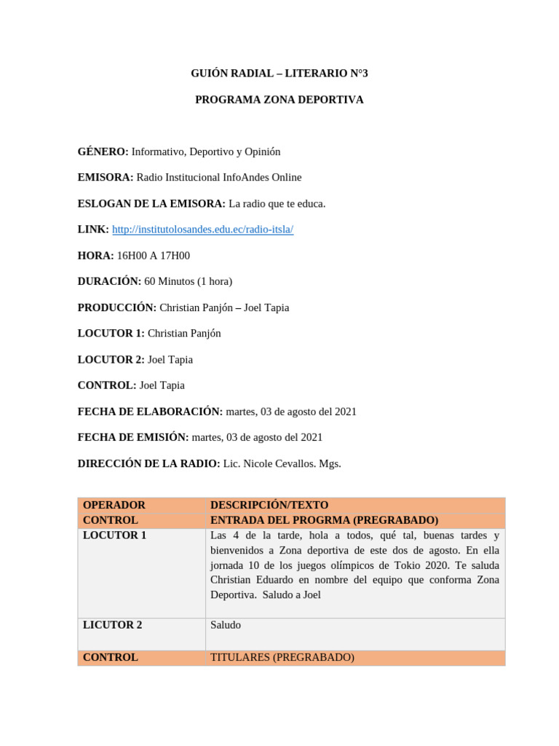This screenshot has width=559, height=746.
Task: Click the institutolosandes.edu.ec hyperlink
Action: pyautogui.click(x=202, y=229)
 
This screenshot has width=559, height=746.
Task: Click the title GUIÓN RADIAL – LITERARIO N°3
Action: pyautogui.click(x=279, y=74)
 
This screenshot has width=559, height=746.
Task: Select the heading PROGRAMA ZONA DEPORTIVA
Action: pyautogui.click(x=279, y=100)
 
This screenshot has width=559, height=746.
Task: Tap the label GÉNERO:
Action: pyautogui.click(x=103, y=152)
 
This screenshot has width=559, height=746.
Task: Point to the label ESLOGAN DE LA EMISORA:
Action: pyautogui.click(x=151, y=203)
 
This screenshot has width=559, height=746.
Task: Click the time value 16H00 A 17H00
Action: pyautogui.click(x=154, y=256)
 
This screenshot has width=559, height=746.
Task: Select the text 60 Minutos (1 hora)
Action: pyautogui.click(x=188, y=281)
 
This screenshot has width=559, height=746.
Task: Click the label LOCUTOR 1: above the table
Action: pyautogui.click(x=111, y=333)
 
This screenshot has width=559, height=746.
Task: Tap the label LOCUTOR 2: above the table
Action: pyautogui.click(x=111, y=359)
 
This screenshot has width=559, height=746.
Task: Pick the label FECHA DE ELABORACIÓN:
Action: pyautogui.click(x=150, y=412)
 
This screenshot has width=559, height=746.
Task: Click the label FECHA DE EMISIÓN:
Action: pyautogui.click(x=133, y=437)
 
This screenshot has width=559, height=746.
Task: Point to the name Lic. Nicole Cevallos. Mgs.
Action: pyautogui.click(x=282, y=463)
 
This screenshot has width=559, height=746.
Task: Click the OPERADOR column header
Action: pyautogui.click(x=114, y=505)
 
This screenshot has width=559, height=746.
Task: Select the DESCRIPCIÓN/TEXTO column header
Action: pyautogui.click(x=269, y=505)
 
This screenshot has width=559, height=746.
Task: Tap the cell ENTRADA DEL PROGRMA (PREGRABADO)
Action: pyautogui.click(x=324, y=520)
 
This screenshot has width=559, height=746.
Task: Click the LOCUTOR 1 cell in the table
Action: pyautogui.click(x=114, y=535)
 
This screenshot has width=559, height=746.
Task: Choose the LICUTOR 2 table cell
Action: pyautogui.click(x=113, y=625)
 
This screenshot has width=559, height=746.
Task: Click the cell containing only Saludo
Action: pyautogui.click(x=226, y=625)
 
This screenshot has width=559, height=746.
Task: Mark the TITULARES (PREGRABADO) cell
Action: pyautogui.click(x=282, y=657)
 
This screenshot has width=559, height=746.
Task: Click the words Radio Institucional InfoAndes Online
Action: pyautogui.click(x=218, y=178)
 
